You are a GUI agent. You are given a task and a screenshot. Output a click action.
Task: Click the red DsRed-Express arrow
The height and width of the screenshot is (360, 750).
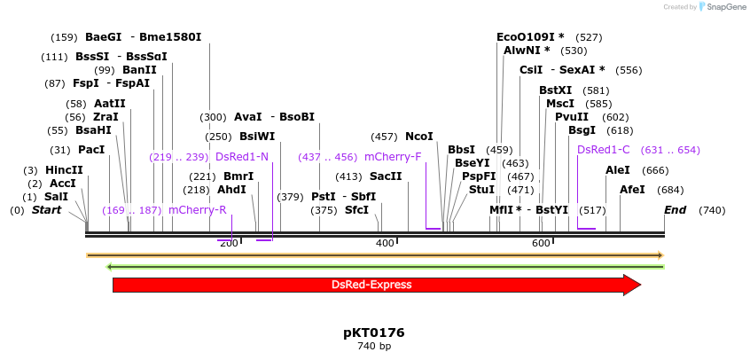click(372, 285)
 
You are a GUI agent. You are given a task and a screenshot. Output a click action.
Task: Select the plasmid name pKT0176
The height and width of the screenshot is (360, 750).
click(373, 333)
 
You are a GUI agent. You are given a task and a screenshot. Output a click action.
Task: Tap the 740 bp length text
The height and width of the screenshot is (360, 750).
click(373, 346)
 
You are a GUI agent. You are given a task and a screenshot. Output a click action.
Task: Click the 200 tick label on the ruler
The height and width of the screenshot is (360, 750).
click(229, 243)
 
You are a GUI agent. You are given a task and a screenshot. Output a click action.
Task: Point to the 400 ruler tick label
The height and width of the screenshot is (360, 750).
click(385, 243)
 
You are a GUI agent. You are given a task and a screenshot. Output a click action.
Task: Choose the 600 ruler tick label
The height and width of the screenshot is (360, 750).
click(541, 243)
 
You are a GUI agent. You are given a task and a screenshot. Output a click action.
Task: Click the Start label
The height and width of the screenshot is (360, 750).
click(47, 210)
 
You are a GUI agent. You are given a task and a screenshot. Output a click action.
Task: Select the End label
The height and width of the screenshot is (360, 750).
click(675, 210)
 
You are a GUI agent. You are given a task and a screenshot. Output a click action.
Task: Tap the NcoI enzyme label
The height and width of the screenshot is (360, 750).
click(418, 137)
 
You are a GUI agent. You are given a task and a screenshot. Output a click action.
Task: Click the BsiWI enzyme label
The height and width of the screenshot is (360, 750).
click(257, 137)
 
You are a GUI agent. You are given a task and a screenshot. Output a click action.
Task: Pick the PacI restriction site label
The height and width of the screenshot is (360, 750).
click(91, 150)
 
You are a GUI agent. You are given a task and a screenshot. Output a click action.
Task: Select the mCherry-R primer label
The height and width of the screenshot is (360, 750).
click(197, 210)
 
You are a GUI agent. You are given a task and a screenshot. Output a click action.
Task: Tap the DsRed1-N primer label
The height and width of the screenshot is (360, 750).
click(241, 157)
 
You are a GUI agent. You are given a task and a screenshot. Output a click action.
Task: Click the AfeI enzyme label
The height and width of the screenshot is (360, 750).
click(632, 190)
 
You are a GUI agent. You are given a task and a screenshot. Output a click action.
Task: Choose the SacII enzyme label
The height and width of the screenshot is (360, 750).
click(386, 176)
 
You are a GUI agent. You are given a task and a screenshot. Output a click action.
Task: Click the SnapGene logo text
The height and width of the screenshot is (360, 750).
click(723, 7)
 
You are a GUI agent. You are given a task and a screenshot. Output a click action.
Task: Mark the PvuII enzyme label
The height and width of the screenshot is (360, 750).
click(571, 117)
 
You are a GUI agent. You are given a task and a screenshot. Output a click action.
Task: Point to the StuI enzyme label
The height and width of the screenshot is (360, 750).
click(481, 190)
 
